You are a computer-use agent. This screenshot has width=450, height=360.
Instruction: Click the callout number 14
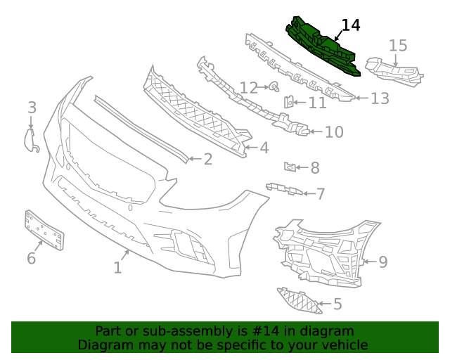tap(350, 25)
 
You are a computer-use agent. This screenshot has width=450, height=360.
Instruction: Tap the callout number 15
tap(398, 46)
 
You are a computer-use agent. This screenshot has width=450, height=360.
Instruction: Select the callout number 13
tap(380, 98)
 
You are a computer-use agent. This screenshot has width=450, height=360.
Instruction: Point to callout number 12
tap(248, 88)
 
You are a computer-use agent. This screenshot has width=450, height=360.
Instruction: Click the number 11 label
tap(317, 103)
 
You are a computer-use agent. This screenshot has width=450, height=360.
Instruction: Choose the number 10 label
tap(333, 131)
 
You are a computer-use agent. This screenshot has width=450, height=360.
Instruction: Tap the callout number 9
tap(382, 262)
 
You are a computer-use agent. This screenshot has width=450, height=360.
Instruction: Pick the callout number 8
tap(314, 167)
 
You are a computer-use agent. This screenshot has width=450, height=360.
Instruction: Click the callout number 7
tap(320, 193)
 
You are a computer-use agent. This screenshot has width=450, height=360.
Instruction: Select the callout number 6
tap(31, 258)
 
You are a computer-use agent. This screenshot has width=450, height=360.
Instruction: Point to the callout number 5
tap(337, 304)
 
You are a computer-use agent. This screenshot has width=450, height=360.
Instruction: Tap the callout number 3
tap(32, 108)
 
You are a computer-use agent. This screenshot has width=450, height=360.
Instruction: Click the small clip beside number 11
tap(288, 103)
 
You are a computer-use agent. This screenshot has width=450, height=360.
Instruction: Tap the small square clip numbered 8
tap(288, 167)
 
